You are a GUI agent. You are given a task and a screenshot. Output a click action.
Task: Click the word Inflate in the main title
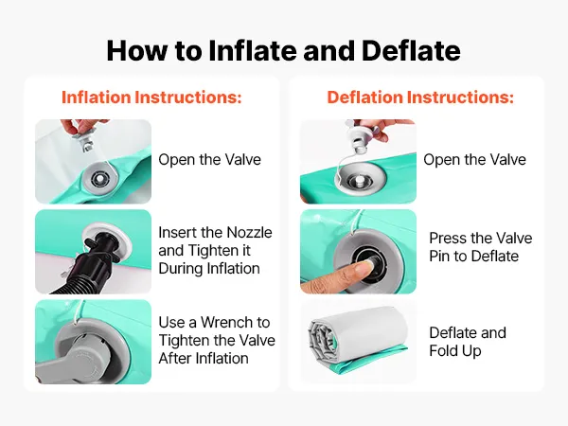pos(253,50)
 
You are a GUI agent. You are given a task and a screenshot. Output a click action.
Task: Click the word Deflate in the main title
pos(411,50)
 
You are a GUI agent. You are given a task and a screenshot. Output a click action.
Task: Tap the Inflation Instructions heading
pos(151,98)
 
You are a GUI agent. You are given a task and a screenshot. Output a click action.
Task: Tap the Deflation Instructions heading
pos(420,98)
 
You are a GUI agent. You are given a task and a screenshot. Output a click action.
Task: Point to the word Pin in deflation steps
pos(440,257)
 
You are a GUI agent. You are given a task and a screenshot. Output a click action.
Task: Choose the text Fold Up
pos(455,351)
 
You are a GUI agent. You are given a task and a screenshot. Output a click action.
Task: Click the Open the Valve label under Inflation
pos(209,159)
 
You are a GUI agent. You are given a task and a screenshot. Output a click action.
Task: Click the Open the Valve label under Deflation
pos(474,159)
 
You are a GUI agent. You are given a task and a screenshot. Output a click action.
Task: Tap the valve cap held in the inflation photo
pos(84,141)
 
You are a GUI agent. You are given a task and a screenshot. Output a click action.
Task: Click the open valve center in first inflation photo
pos(98,178)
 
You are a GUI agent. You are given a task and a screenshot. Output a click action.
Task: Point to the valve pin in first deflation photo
pos(358,180)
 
